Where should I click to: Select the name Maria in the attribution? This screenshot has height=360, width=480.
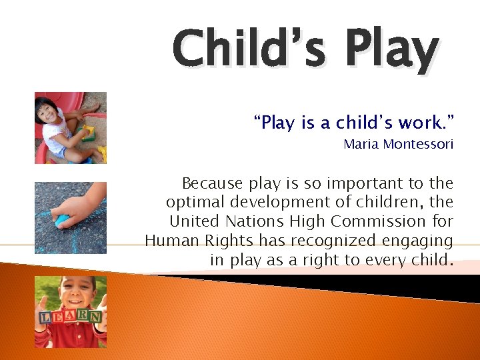[x=361, y=144]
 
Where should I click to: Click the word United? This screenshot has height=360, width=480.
[x=195, y=221]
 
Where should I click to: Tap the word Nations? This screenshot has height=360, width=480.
[x=257, y=221]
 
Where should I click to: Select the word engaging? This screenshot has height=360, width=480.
[x=420, y=241]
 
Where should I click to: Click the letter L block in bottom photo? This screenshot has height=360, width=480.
[x=45, y=319]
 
